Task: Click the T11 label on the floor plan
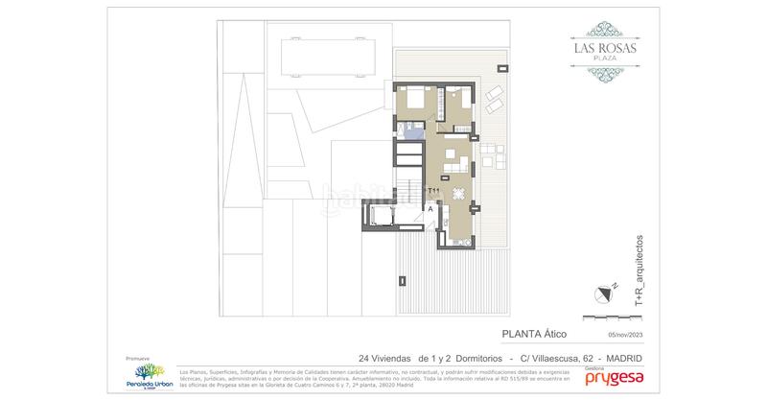point(433,192)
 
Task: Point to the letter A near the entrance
point(431,208)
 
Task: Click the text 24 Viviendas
point(383,357)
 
